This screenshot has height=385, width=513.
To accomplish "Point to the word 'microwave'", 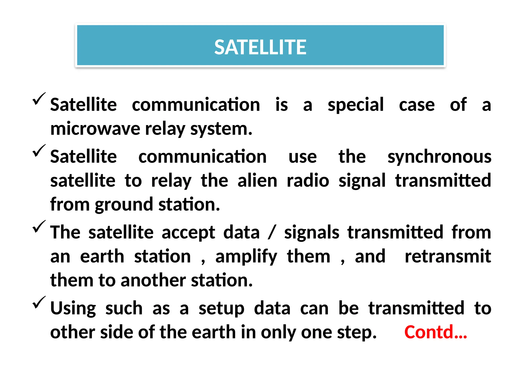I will pos(95,129).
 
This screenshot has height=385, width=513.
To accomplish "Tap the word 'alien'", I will pos(257,180).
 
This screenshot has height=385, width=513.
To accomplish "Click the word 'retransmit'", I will pos(448,256).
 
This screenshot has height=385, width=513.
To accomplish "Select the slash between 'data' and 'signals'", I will pos(272,232).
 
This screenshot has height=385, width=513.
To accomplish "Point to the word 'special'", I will pos(355,105).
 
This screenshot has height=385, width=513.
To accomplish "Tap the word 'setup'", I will pos(221,309).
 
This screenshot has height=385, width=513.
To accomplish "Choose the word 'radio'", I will pos(308,180).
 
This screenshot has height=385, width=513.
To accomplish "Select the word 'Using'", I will pos(73,309).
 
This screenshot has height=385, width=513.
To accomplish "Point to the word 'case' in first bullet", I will pos(417,105).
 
